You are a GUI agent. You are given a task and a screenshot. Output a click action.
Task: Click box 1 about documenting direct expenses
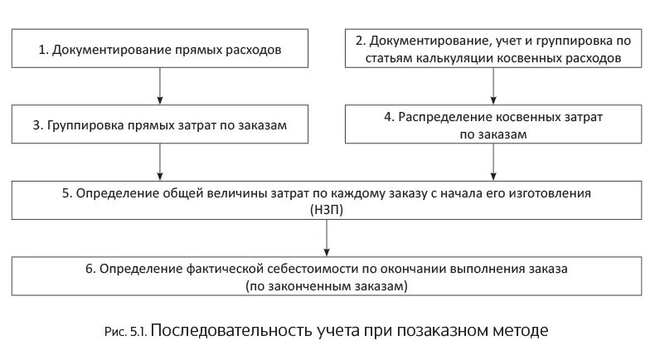coord(160,49)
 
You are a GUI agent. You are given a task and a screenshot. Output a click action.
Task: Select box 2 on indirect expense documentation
coord(494,49)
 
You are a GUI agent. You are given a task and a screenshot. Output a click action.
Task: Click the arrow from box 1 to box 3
coord(160,86)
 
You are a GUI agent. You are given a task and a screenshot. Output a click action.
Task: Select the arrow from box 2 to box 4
coord(494,86)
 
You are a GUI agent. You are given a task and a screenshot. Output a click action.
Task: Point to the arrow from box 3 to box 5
coord(160,162)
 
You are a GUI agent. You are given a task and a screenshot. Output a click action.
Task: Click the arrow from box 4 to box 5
coord(494,162)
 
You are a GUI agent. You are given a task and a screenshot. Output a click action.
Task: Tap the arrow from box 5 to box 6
coord(328,239)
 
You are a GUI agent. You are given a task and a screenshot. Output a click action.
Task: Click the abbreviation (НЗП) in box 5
coord(328,210)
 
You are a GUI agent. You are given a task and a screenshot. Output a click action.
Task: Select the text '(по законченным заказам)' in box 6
coord(327,286)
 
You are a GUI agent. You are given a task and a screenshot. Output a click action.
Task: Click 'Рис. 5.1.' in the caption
coord(128,331)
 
